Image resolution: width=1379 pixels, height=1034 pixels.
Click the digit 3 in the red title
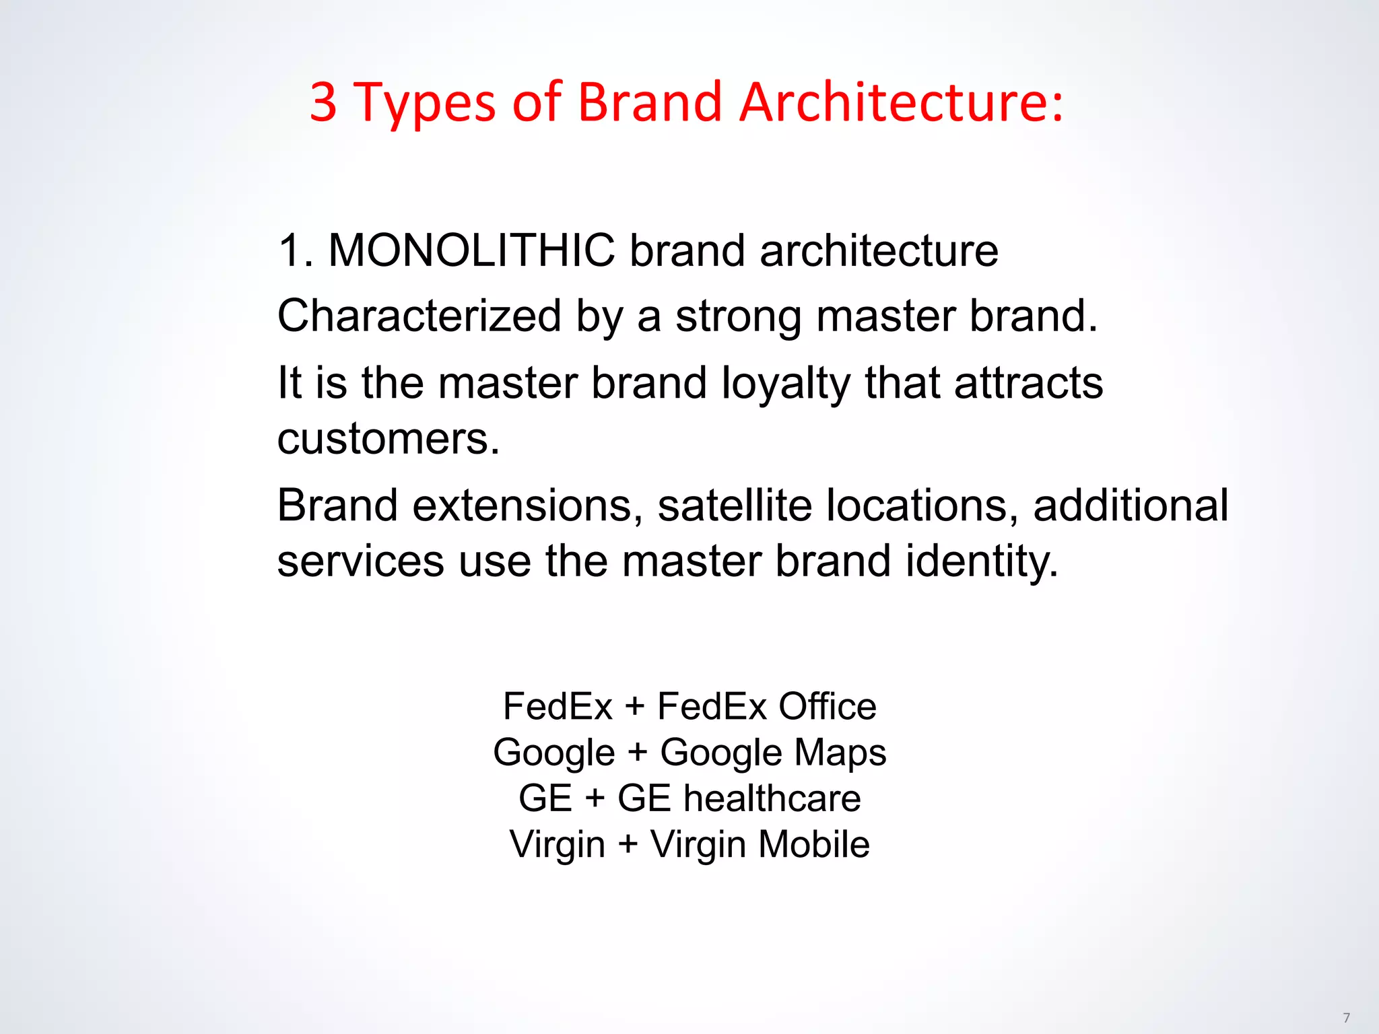(x=323, y=102)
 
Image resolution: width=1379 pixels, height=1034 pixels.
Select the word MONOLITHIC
(x=471, y=250)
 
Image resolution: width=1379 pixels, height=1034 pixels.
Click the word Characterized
(x=419, y=316)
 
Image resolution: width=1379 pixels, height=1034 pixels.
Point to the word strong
(x=739, y=316)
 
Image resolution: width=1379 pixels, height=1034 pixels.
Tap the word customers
(x=389, y=439)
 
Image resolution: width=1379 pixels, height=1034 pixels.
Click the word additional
(x=1131, y=506)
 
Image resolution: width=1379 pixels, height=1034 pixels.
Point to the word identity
(x=982, y=561)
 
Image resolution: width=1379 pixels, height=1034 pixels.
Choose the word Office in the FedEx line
(x=828, y=707)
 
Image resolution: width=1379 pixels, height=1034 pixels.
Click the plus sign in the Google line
(x=637, y=753)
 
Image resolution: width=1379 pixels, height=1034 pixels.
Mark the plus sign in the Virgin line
(x=628, y=844)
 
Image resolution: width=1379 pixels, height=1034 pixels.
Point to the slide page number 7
(x=1346, y=1017)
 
